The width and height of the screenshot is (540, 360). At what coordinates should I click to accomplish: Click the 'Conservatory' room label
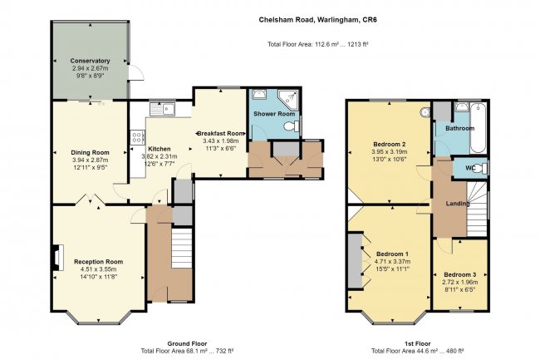[90, 61]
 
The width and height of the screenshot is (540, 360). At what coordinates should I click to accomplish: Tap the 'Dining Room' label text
[89, 152]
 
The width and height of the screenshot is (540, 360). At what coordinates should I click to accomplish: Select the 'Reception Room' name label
[98, 261]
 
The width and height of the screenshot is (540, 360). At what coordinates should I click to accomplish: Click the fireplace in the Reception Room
[56, 258]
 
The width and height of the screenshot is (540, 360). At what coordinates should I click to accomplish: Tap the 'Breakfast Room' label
[220, 133]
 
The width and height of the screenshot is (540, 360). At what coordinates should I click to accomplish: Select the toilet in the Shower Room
[291, 126]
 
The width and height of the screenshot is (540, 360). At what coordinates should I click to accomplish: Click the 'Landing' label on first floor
[458, 204]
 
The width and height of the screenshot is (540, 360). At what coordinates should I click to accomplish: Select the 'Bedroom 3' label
[459, 274]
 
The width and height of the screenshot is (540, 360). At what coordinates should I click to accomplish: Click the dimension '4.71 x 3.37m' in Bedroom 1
[393, 261]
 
